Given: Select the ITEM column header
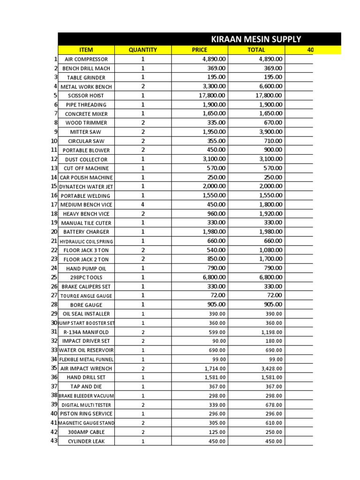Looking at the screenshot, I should [x=86, y=50].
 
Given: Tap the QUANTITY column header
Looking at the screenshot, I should [x=143, y=50].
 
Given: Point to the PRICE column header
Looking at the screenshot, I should [x=199, y=50].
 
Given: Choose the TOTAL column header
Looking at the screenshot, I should [x=256, y=50].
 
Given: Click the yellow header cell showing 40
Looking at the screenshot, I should [x=310, y=50].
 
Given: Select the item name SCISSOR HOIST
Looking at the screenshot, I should [x=86, y=96].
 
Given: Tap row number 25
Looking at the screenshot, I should [x=54, y=277].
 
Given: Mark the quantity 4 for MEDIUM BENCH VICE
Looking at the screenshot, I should [x=143, y=204].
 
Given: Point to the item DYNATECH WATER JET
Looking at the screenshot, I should [x=86, y=187].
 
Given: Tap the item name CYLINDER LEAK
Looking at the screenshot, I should [x=86, y=441].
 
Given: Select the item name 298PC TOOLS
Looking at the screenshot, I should [x=86, y=277].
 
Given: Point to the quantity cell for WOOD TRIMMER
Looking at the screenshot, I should [x=143, y=123].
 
